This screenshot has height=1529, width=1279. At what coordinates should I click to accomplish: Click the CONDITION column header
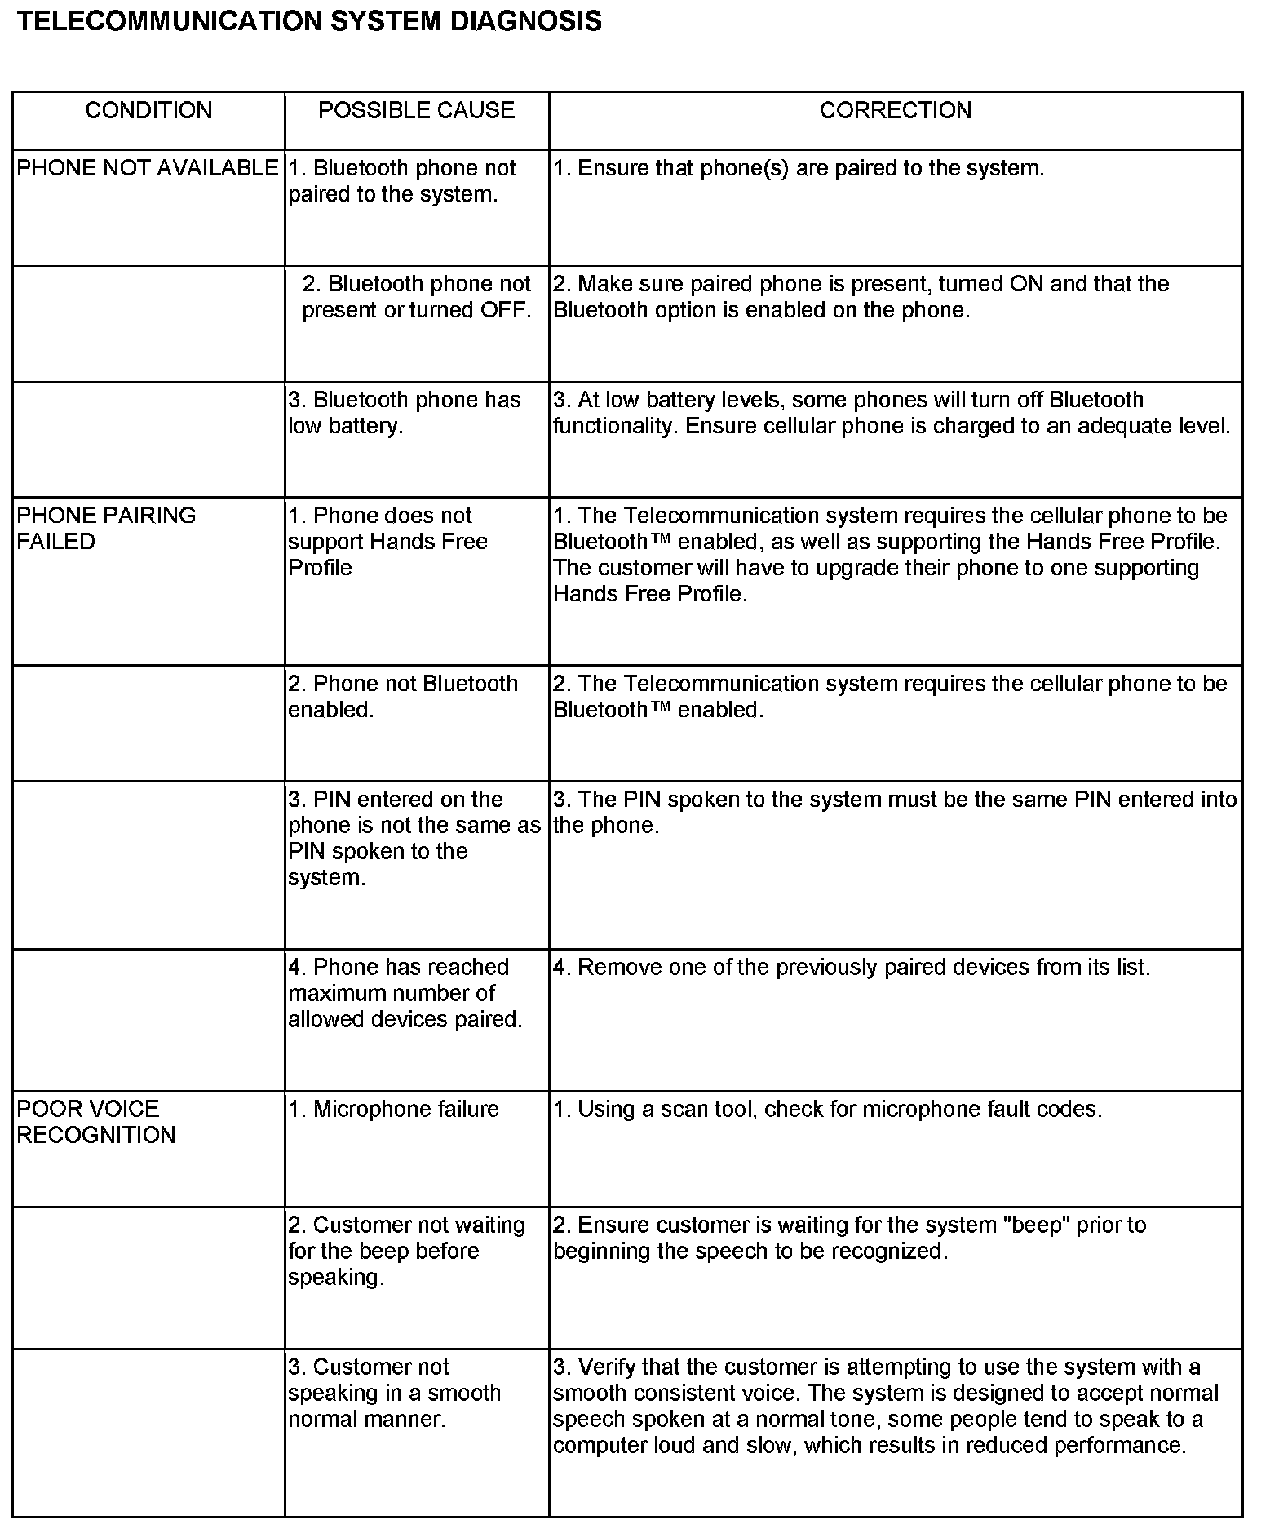[x=148, y=110]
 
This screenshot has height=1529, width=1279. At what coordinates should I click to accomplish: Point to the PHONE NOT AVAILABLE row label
[x=147, y=168]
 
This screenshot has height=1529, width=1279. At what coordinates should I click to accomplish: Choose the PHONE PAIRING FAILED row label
[x=106, y=529]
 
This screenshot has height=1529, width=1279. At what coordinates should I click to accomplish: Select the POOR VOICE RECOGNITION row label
[x=95, y=1122]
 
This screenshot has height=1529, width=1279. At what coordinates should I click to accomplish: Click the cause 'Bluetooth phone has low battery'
[x=404, y=413]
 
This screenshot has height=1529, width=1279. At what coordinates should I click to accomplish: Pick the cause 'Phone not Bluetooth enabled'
[x=403, y=697]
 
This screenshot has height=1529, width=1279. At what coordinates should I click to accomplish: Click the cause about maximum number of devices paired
[x=405, y=993]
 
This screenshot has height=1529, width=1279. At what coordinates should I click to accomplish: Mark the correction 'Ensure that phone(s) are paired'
[x=799, y=168]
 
